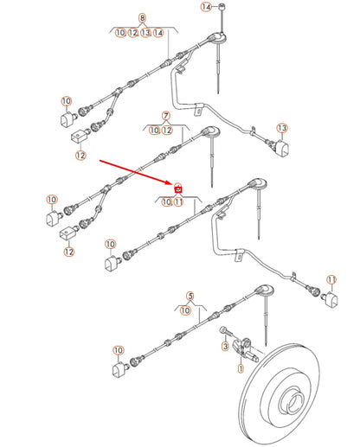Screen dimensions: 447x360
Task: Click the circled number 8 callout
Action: click(x=142, y=18)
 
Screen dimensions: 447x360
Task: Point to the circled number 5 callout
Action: click(x=190, y=295)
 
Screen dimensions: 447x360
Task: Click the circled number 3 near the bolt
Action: click(x=224, y=347)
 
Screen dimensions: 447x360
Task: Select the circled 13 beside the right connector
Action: click(x=281, y=128)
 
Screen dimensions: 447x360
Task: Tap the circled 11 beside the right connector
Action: click(x=330, y=279)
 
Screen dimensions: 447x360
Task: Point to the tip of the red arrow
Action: click(x=173, y=183)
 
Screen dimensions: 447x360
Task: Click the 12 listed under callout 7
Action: click(x=167, y=130)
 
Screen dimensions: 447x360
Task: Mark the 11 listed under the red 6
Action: click(x=179, y=202)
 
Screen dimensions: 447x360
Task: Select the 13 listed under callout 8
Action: click(x=146, y=32)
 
